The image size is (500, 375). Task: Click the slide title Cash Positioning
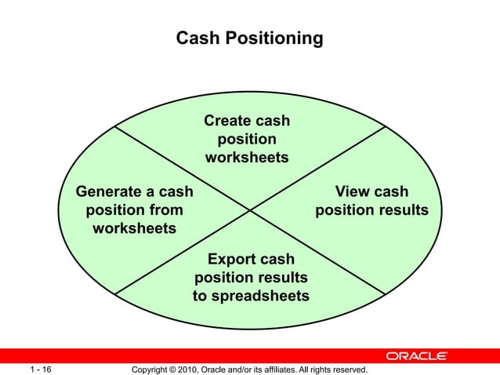pos(249,38)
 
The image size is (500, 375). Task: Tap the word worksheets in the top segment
pos(247,158)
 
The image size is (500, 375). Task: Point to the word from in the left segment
pos(167,210)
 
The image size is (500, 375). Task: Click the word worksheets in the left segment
pos(134,228)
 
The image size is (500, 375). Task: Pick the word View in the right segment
pos(353,192)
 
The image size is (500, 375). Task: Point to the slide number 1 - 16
pos(41,369)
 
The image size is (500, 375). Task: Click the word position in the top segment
pos(247,139)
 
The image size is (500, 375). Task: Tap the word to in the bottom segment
pos(201,296)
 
